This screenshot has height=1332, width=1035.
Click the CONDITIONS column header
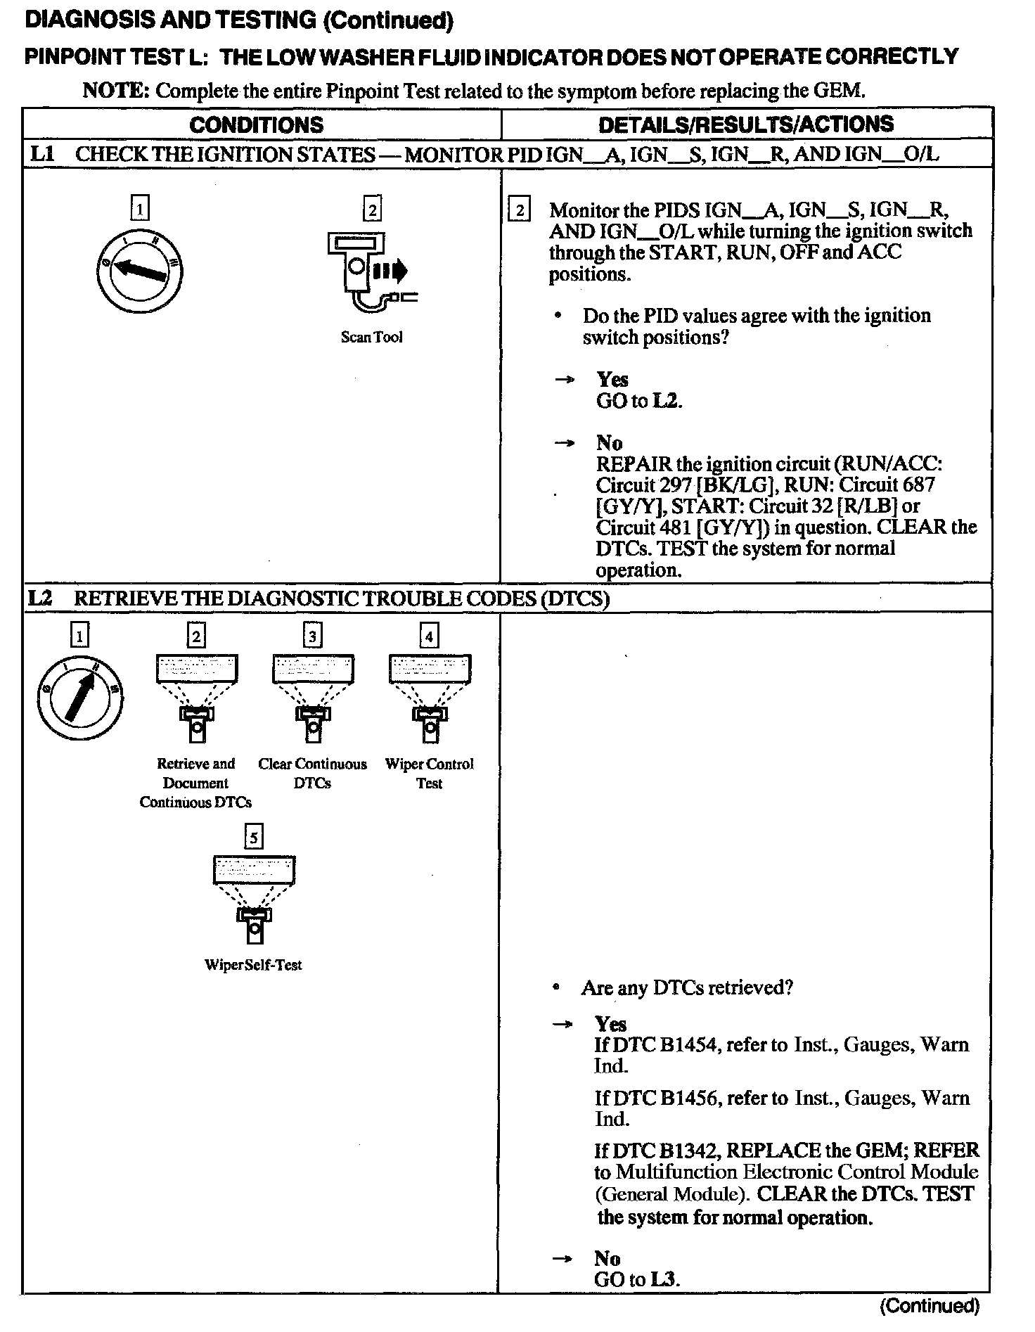(x=257, y=125)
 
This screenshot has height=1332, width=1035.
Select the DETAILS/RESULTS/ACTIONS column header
(x=745, y=124)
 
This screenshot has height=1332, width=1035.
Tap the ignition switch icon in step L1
(x=140, y=270)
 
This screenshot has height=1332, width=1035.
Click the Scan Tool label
(x=371, y=338)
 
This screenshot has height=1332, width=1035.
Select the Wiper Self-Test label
(x=253, y=965)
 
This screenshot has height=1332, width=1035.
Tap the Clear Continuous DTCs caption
(x=312, y=773)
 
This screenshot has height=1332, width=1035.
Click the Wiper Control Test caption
(x=429, y=773)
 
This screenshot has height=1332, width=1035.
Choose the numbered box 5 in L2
(x=253, y=838)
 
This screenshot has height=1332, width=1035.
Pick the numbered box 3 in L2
(x=312, y=636)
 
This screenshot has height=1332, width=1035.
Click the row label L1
(x=42, y=154)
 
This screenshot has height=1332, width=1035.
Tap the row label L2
(x=41, y=598)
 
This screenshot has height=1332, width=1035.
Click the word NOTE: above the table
(x=116, y=91)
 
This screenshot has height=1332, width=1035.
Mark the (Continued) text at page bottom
(x=930, y=1306)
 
